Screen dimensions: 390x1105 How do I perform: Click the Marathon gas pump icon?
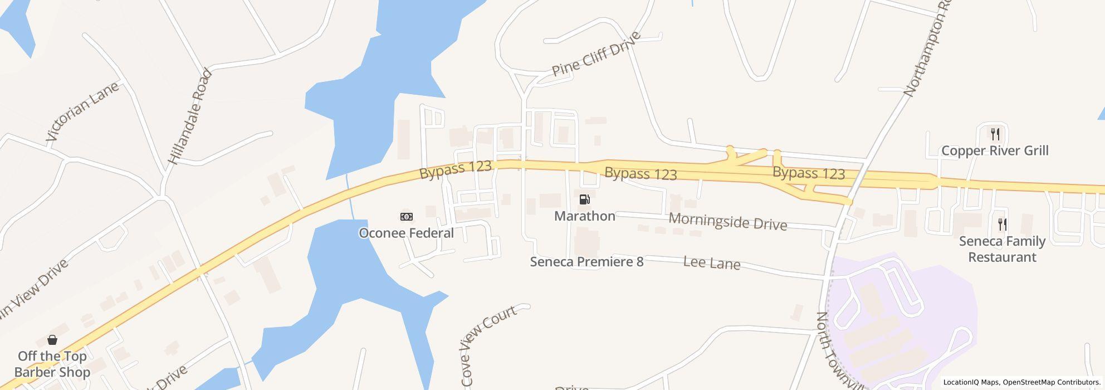(584, 199)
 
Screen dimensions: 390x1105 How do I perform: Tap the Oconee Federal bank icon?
(407, 217)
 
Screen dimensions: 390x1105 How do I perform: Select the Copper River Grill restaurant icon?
(995, 134)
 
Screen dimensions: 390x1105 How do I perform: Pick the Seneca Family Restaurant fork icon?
(1002, 225)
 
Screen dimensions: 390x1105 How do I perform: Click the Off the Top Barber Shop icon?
(52, 340)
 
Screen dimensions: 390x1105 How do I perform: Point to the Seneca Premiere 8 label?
(586, 262)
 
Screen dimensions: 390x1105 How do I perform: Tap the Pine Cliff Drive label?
(596, 55)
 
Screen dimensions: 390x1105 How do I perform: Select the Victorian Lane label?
(82, 111)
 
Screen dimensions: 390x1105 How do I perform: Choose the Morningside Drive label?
(727, 221)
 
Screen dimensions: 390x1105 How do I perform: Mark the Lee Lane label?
(711, 263)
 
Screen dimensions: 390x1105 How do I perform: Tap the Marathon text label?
(584, 216)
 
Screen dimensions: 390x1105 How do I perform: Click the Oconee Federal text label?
(406, 233)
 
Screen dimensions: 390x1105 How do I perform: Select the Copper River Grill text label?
(995, 151)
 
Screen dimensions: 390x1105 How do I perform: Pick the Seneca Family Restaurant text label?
(1001, 249)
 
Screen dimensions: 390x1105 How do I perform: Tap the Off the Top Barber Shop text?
(52, 364)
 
